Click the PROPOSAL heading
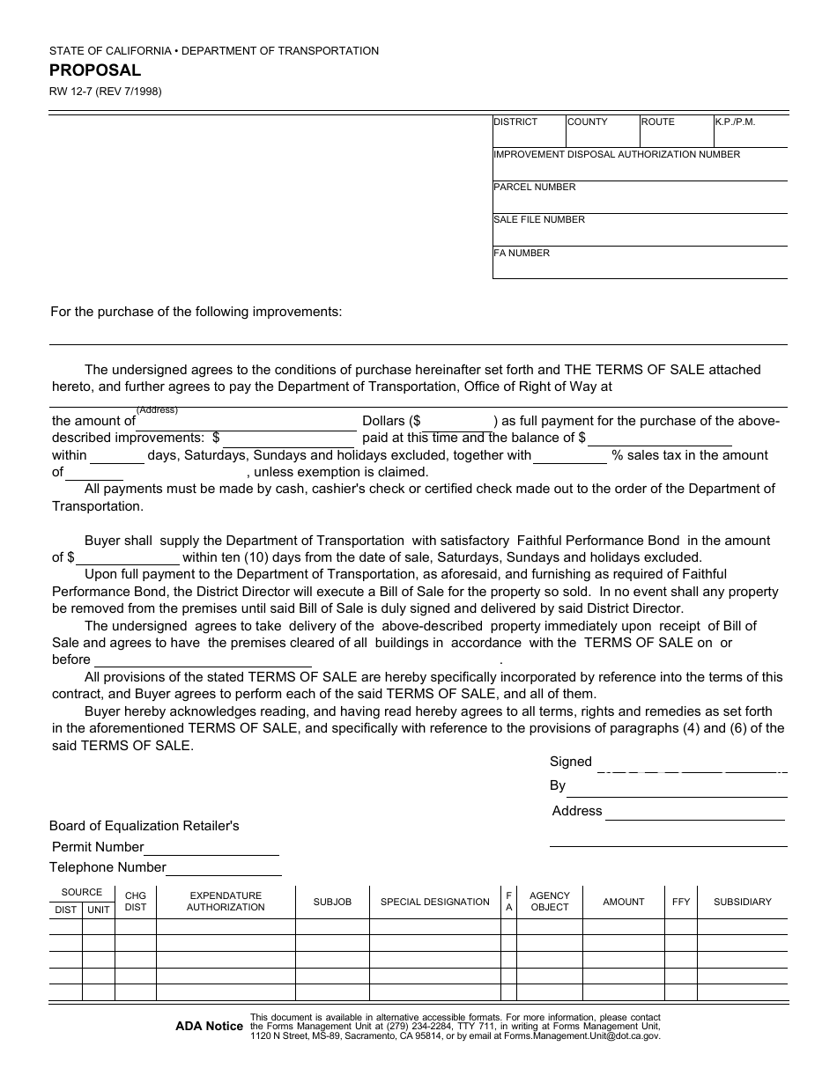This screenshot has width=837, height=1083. pyautogui.click(x=94, y=71)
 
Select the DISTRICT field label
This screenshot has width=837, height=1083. pyautogui.click(x=515, y=122)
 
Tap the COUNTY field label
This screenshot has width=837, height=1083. pyautogui.click(x=588, y=122)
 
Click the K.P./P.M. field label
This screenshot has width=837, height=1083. pyautogui.click(x=735, y=122)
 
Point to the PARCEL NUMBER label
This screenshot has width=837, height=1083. pyautogui.click(x=534, y=188)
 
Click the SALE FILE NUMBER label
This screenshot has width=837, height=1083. pyautogui.click(x=538, y=220)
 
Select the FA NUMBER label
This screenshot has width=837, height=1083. pyautogui.click(x=521, y=254)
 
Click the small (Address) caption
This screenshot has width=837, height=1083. pyautogui.click(x=157, y=409)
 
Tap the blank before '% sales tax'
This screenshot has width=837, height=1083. pyautogui.click(x=570, y=456)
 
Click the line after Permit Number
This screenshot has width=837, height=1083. pyautogui.click(x=211, y=848)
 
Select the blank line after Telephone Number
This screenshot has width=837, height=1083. pyautogui.click(x=224, y=868)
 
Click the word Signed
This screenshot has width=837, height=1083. pyautogui.click(x=571, y=763)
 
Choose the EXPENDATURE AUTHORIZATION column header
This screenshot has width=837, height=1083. pyautogui.click(x=226, y=902)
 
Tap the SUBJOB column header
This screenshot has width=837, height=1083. pyautogui.click(x=332, y=902)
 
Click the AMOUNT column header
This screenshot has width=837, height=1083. pyautogui.click(x=623, y=902)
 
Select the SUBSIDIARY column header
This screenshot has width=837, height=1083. pyautogui.click(x=742, y=902)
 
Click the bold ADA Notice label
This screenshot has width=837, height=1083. pyautogui.click(x=209, y=1026)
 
